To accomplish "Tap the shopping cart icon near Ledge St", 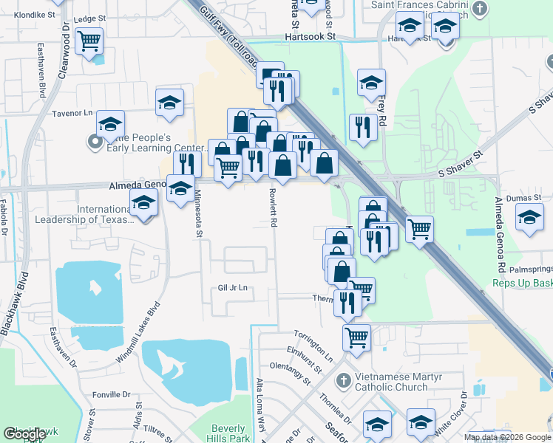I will (x=89, y=41).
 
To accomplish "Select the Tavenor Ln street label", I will (x=72, y=113).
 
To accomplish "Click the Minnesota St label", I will (x=198, y=214).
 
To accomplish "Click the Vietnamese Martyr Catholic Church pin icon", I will (x=342, y=381).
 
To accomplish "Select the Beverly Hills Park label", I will (x=228, y=433).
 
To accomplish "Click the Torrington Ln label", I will (x=313, y=345).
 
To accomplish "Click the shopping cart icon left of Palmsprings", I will (x=419, y=230).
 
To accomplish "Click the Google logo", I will (x=24, y=434).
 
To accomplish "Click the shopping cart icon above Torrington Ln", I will (x=357, y=337).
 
